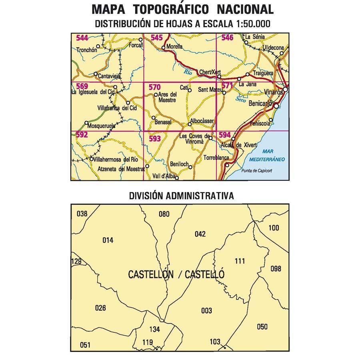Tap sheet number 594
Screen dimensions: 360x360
pyautogui.click(x=225, y=135)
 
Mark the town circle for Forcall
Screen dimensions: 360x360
pyautogui.click(x=140, y=40)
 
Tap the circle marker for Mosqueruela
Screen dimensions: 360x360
pyautogui.click(x=86, y=123)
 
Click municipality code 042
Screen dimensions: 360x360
pyautogui.click(x=200, y=234)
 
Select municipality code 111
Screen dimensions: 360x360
pyautogui.click(x=240, y=262)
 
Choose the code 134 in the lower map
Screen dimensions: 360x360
pyautogui.click(x=154, y=330)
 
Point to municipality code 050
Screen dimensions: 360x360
pyautogui.click(x=262, y=327)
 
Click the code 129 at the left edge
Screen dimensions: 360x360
pyautogui.click(x=76, y=262)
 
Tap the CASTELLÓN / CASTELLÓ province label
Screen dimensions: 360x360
pyautogui.click(x=176, y=275)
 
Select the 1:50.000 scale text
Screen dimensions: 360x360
pyautogui.click(x=251, y=24)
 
